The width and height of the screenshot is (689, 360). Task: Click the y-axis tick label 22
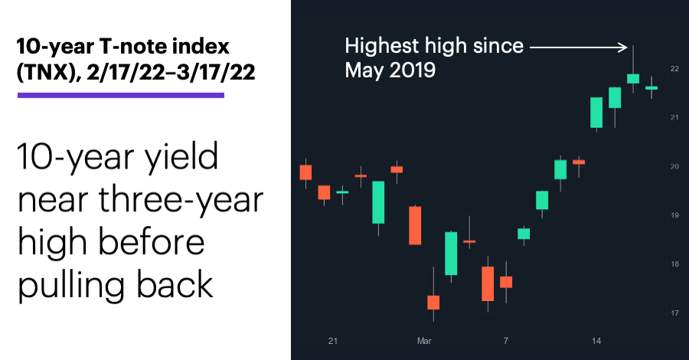pyautogui.click(x=674, y=69)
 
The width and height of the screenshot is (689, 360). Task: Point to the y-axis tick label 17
pyautogui.click(x=674, y=313)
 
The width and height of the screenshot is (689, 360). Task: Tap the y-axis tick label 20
pyautogui.click(x=674, y=166)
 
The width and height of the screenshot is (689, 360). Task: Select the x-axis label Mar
pyautogui.click(x=424, y=341)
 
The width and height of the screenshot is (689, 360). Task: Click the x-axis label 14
pyautogui.click(x=596, y=341)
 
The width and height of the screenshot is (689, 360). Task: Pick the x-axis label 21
pyautogui.click(x=333, y=341)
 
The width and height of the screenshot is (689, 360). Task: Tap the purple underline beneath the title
pyautogui.click(x=121, y=95)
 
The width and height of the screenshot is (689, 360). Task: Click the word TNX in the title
pyautogui.click(x=44, y=72)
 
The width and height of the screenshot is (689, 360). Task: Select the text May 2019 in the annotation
pyautogui.click(x=390, y=70)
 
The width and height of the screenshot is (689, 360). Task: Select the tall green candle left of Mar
pyautogui.click(x=378, y=202)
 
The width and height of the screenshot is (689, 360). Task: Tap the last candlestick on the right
pyautogui.click(x=651, y=88)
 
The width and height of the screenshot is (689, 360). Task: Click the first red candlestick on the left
pyautogui.click(x=305, y=172)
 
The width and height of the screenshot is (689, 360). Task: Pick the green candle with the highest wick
pyautogui.click(x=633, y=78)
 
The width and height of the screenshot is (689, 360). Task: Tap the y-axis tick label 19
pyautogui.click(x=674, y=215)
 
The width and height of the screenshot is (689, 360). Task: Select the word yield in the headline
pyautogui.click(x=181, y=156)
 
